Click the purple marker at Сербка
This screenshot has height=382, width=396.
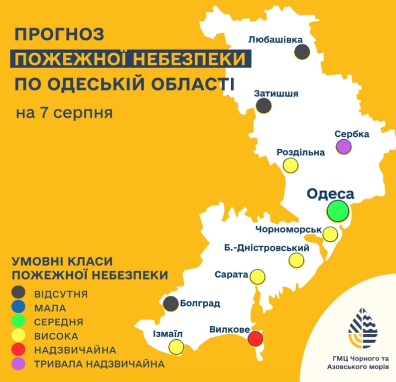coord(343,147)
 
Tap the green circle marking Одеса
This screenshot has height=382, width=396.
coord(338,210)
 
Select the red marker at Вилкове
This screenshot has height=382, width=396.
coord(256,339)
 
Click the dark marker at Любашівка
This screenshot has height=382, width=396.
coord(302,52)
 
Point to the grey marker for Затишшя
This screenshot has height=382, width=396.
coord(264,105)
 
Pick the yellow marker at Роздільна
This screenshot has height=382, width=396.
coord(291,165)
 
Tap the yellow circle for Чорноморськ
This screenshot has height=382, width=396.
coord(330,234)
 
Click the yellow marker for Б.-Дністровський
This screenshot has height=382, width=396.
coord(296,260)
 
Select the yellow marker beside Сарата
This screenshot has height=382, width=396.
coord(258,277)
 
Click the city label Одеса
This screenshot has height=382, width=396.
coord(330,193)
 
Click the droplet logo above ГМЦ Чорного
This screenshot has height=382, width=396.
coord(363,328)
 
